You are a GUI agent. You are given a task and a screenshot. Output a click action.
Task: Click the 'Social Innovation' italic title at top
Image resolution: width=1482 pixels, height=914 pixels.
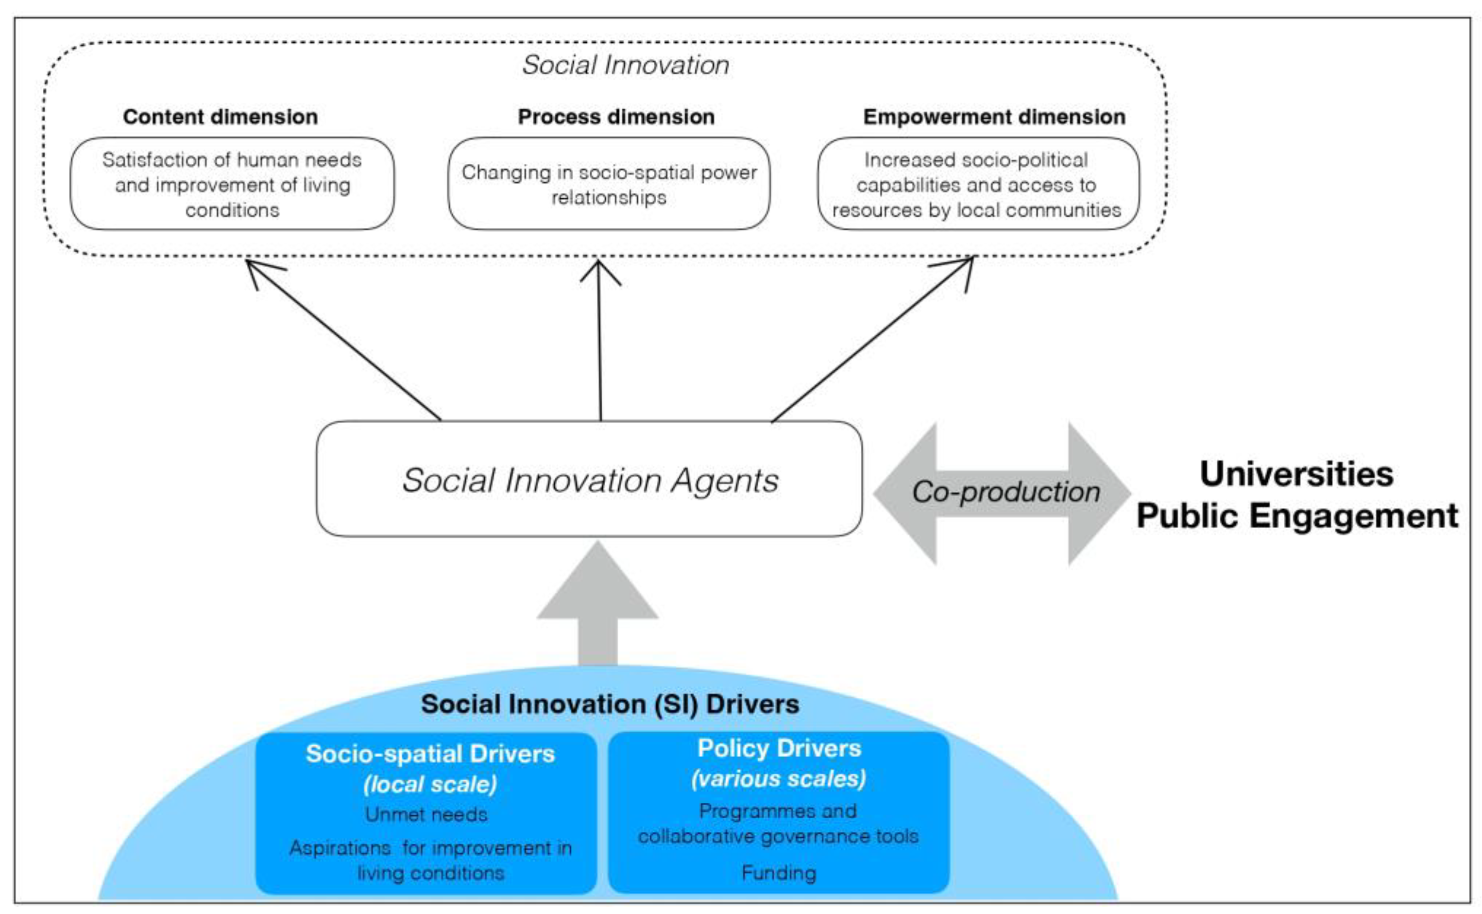click(x=625, y=65)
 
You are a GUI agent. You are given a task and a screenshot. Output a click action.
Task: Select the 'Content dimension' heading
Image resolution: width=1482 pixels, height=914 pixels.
click(x=221, y=117)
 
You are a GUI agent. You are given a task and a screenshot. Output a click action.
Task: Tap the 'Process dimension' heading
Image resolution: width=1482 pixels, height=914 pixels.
click(x=616, y=117)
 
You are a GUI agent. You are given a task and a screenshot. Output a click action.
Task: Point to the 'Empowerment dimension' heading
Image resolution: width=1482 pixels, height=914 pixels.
click(x=994, y=117)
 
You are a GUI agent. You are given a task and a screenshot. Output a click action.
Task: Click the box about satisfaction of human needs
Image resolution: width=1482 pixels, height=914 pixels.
click(x=232, y=184)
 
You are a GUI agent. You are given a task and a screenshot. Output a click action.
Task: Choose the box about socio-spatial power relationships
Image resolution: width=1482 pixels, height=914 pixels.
click(x=609, y=184)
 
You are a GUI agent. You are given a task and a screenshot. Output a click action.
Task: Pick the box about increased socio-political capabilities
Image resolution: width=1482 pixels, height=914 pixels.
click(x=977, y=184)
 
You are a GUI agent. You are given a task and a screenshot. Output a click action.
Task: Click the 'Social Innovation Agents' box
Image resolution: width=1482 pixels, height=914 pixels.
click(x=589, y=480)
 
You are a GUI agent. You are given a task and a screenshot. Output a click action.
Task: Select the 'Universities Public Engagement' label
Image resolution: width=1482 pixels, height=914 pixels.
click(x=1296, y=495)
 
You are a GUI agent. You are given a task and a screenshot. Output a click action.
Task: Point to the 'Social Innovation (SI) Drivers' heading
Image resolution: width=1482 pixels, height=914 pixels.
click(x=610, y=704)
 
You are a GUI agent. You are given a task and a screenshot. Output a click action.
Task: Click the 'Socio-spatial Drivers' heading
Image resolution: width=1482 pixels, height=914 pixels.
click(x=430, y=754)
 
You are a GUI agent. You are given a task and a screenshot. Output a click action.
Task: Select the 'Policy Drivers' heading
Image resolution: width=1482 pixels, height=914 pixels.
click(x=779, y=748)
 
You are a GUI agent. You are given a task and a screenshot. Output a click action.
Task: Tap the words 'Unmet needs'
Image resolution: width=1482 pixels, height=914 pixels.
click(x=426, y=815)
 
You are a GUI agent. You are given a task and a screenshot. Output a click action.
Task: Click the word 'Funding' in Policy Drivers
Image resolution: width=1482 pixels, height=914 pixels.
click(x=779, y=873)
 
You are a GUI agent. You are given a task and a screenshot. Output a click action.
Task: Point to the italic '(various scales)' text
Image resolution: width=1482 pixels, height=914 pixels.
click(x=778, y=778)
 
